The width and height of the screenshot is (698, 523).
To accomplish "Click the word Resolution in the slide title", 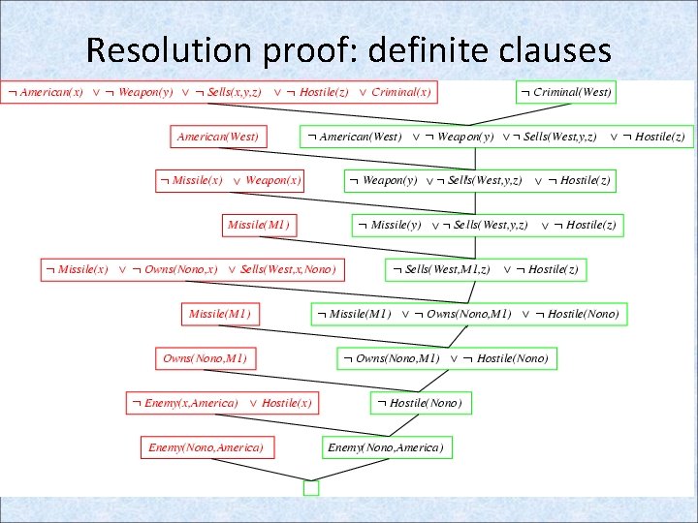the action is pyautogui.click(x=156, y=49).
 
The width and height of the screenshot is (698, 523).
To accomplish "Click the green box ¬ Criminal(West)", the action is pyautogui.click(x=565, y=92).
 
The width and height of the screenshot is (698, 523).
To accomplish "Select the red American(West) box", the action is pyautogui.click(x=218, y=137).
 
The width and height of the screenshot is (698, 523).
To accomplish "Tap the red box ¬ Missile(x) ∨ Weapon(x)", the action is pyautogui.click(x=231, y=180).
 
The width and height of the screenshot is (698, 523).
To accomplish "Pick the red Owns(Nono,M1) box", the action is pyautogui.click(x=205, y=358).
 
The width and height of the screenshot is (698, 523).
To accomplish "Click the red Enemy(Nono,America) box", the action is pyautogui.click(x=206, y=447).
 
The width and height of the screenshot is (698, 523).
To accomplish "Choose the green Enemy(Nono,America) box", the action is pyautogui.click(x=386, y=447).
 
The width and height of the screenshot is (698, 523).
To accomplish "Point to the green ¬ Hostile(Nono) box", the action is pyautogui.click(x=420, y=402).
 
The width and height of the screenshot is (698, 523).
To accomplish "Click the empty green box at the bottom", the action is pyautogui.click(x=310, y=488).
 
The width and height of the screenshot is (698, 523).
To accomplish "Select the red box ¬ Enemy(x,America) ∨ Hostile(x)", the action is pyautogui.click(x=223, y=402).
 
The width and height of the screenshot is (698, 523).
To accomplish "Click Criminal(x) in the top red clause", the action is pyautogui.click(x=401, y=92).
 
